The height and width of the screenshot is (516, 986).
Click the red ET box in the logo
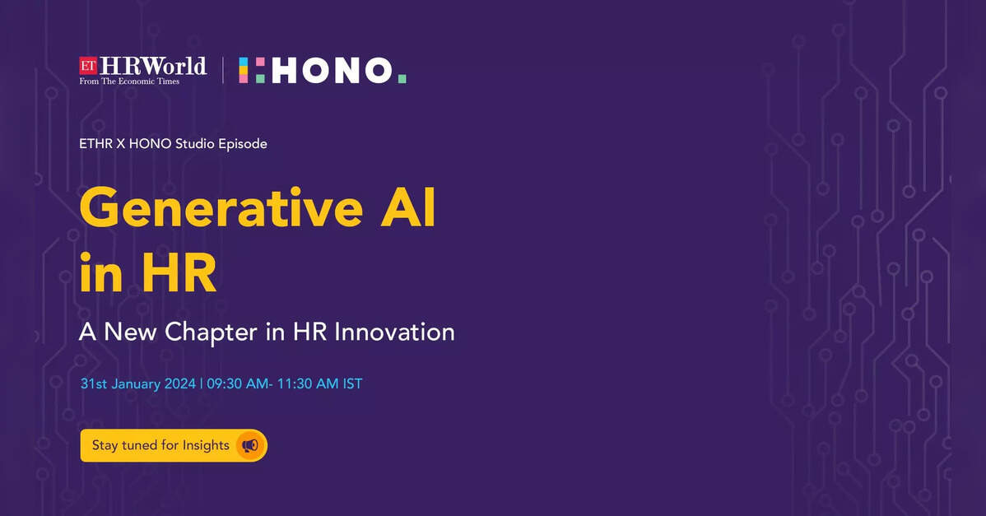[88, 65]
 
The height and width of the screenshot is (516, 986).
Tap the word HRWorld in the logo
[153, 65]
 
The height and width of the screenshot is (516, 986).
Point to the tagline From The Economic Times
[129, 81]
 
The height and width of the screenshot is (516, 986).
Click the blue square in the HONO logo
[243, 63]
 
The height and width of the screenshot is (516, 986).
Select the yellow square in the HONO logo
[243, 71]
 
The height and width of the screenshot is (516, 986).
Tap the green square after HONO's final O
[402, 78]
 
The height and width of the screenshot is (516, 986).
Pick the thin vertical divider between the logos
[222, 70]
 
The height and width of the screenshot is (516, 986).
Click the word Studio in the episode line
[195, 143]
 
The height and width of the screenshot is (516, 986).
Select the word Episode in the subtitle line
[243, 144]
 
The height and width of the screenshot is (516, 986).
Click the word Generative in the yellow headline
[221, 207]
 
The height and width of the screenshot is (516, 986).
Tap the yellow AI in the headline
[408, 207]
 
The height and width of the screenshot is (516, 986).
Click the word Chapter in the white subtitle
[211, 332]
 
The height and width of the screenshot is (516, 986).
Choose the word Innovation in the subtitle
[394, 332]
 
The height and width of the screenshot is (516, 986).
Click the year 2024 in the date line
[180, 384]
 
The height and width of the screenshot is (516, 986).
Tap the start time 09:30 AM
[237, 384]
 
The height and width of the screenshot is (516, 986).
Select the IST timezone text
[352, 384]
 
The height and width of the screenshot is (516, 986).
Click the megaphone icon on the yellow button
[250, 445]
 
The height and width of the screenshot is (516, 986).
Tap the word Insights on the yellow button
[206, 445]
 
